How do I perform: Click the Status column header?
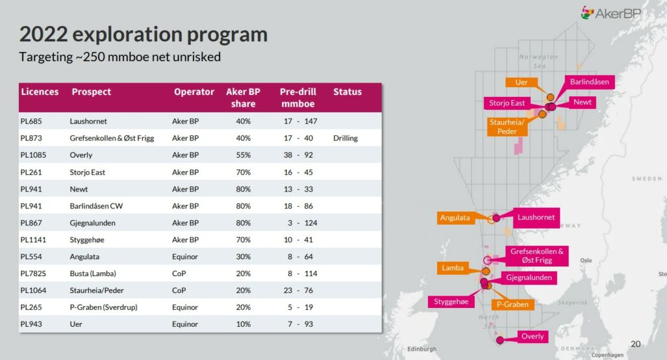[x=347, y=92]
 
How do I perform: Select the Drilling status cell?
[x=345, y=138]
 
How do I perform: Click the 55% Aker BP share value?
[x=243, y=155]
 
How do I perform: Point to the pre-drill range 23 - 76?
[x=299, y=291]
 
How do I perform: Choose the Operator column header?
[x=194, y=92]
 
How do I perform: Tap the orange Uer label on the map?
[x=521, y=83]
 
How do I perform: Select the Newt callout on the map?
[x=582, y=102]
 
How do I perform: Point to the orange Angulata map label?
[x=455, y=217]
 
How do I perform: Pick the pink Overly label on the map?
[x=532, y=337]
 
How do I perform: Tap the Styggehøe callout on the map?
[x=449, y=301]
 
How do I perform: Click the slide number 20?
[x=636, y=344]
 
